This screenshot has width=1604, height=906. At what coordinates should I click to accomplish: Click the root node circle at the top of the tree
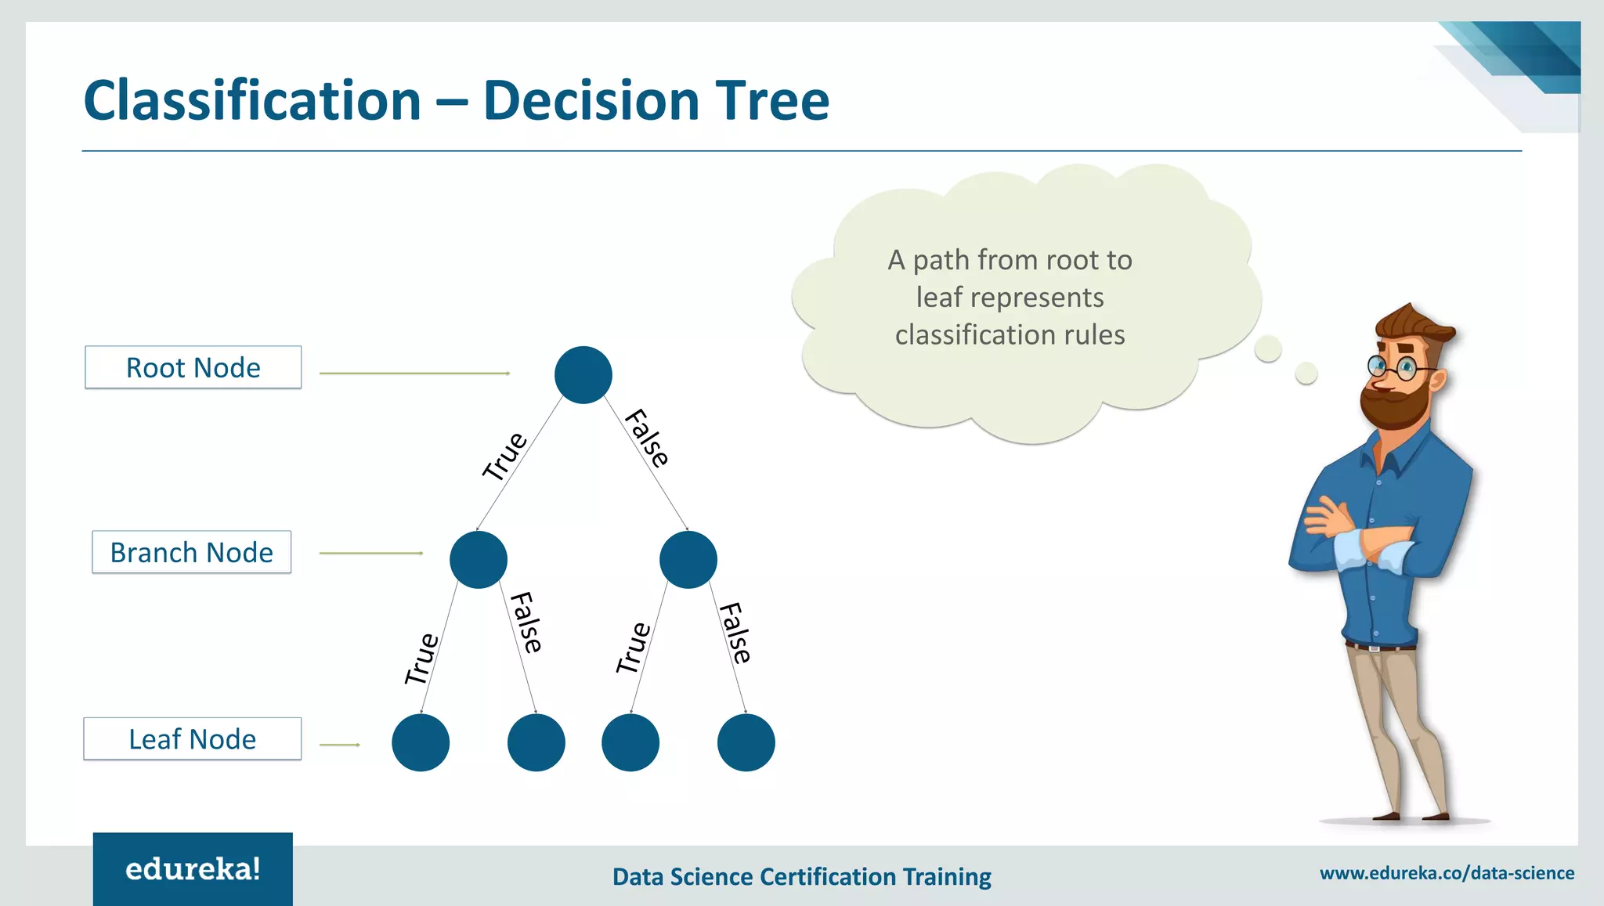[583, 375]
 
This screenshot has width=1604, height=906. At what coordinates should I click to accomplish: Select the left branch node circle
[478, 560]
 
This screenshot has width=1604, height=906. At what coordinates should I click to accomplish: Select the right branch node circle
[688, 560]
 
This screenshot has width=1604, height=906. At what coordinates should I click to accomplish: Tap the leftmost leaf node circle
[421, 742]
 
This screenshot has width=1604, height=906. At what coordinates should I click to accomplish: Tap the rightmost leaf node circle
[746, 742]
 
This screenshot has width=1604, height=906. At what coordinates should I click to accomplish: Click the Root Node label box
[193, 367]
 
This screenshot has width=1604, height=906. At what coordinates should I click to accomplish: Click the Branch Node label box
[192, 552]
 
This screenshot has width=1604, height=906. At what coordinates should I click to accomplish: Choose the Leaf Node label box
[193, 738]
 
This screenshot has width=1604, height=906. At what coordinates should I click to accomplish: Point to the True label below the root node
[504, 456]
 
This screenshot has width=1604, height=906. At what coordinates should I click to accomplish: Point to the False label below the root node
[647, 438]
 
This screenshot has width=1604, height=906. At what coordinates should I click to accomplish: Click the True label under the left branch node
[421, 659]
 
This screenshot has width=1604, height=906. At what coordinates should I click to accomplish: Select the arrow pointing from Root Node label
[414, 374]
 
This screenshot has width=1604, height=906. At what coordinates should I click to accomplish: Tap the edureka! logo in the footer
[193, 869]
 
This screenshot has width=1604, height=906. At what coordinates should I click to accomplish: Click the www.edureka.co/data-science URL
[1447, 873]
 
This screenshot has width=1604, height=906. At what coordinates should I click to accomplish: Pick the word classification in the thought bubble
[975, 335]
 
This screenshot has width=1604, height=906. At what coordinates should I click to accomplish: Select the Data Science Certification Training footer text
[801, 876]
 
